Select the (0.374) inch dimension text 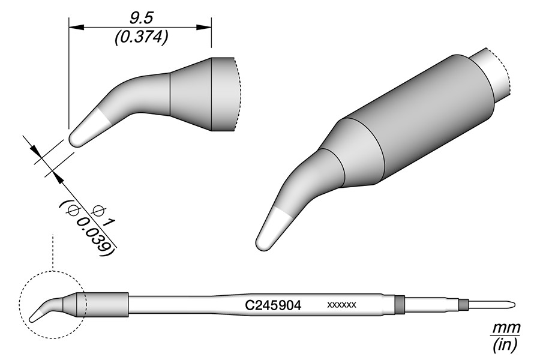tap(141, 37)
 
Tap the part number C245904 tap(273, 305)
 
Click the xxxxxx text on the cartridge tap(341, 305)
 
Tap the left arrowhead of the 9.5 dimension tap(76, 27)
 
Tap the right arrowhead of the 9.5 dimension tap(204, 27)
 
